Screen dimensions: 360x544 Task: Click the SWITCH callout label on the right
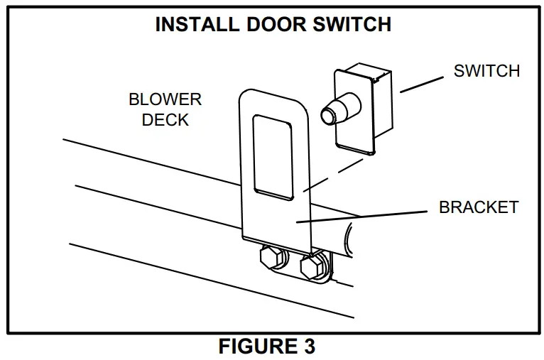pos(487,71)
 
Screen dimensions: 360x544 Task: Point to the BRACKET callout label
pos(479,208)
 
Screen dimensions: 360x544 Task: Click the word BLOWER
pos(165,99)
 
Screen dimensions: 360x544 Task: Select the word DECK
pos(165,120)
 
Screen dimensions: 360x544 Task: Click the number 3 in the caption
pos(308,347)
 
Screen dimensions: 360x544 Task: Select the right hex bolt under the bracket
pos(312,267)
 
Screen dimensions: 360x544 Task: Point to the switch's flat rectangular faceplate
pos(355,131)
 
